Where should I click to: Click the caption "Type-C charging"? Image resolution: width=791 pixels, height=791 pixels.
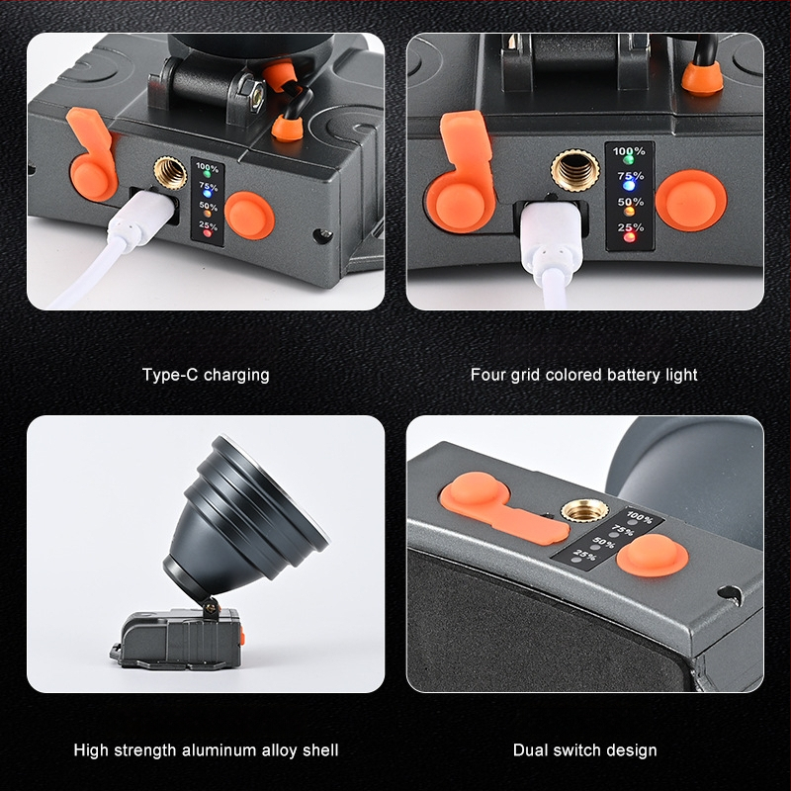pos(206,376)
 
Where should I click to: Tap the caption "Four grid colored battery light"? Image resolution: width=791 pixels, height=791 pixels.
pos(583,376)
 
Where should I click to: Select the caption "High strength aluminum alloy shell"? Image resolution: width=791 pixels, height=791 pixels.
pos(206,750)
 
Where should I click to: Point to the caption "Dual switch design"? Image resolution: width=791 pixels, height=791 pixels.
pos(584,750)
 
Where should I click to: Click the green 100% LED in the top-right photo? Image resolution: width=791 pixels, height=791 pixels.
pos(629,160)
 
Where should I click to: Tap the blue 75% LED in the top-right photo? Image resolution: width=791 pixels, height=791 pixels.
pos(629,185)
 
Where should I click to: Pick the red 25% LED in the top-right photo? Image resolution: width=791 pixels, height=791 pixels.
pos(629,237)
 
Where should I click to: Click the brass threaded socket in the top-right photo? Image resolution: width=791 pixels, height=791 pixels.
pos(575,170)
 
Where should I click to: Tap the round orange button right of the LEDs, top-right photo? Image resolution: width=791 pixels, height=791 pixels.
pos(691,201)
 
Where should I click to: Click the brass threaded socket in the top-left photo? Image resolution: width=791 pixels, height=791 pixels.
pos(170,173)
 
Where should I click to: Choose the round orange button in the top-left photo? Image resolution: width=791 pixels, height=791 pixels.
pos(249,216)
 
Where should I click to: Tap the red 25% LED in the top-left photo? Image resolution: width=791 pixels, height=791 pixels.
pos(207,233)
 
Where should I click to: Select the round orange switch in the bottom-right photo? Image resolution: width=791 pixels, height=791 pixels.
pos(653,556)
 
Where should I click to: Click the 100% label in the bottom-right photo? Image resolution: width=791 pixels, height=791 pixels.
pos(639,517)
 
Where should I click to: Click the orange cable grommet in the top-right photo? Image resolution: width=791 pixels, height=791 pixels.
pos(702,78)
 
